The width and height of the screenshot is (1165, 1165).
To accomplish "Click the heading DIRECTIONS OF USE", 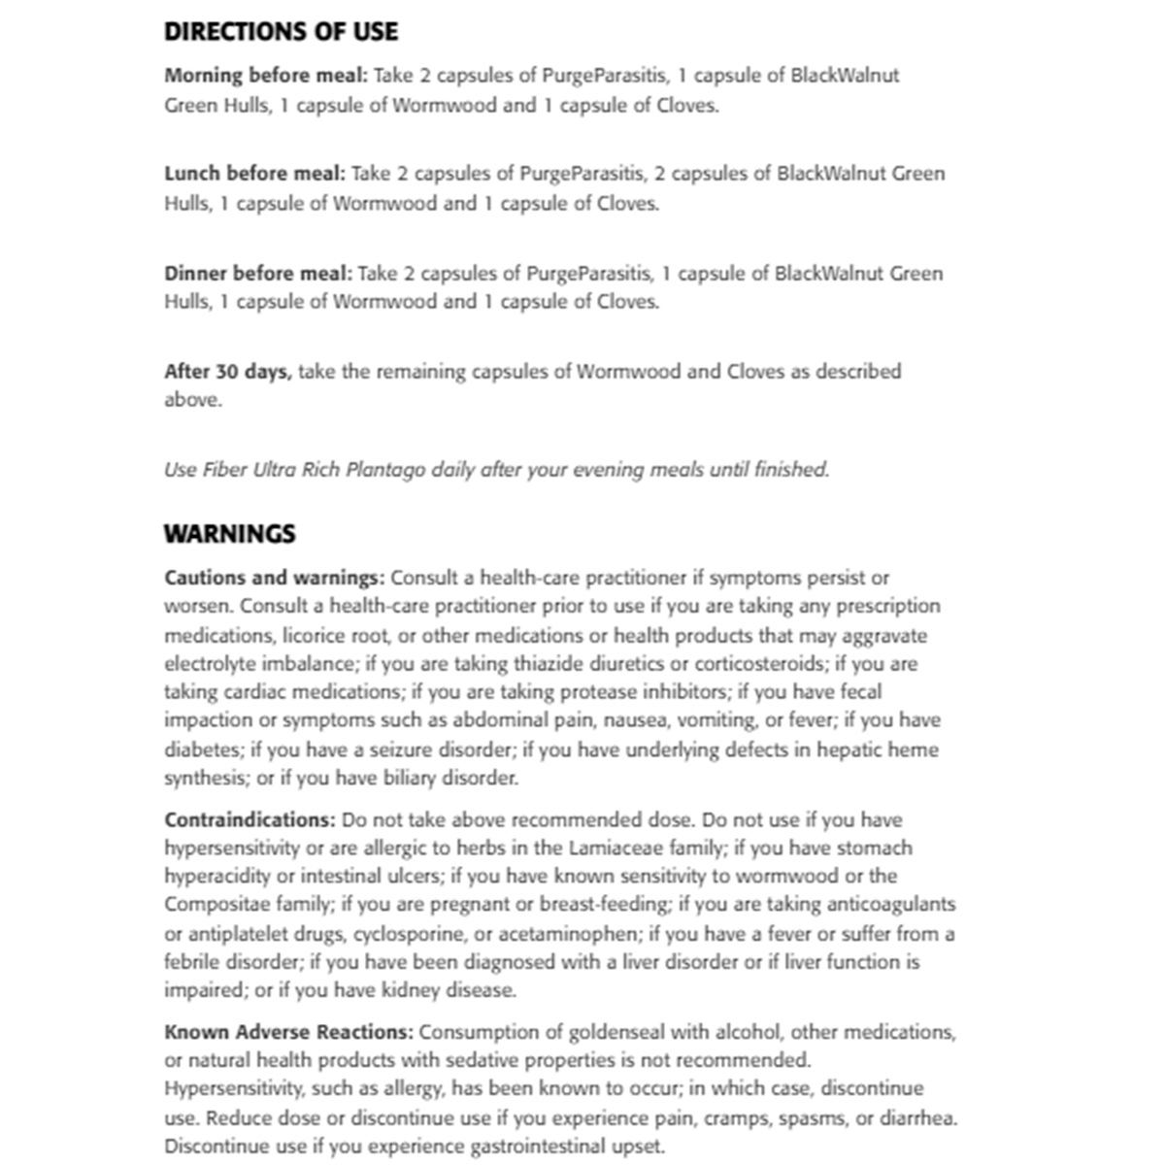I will [x=281, y=32].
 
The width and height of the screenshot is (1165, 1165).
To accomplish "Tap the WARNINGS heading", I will [x=229, y=534].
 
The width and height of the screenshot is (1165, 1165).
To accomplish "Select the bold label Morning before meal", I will [x=265, y=76].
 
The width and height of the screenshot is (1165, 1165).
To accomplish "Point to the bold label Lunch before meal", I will [x=254, y=174].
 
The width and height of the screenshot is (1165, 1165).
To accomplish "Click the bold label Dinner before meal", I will [x=257, y=274].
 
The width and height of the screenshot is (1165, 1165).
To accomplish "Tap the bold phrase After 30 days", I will [x=227, y=372].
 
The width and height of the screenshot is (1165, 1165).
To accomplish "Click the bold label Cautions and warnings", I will [x=274, y=578].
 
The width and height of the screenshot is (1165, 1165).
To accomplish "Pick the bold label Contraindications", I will [x=250, y=820].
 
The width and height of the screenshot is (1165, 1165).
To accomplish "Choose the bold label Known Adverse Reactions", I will [x=288, y=1032].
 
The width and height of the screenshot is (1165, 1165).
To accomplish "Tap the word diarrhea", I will [x=916, y=1117].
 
